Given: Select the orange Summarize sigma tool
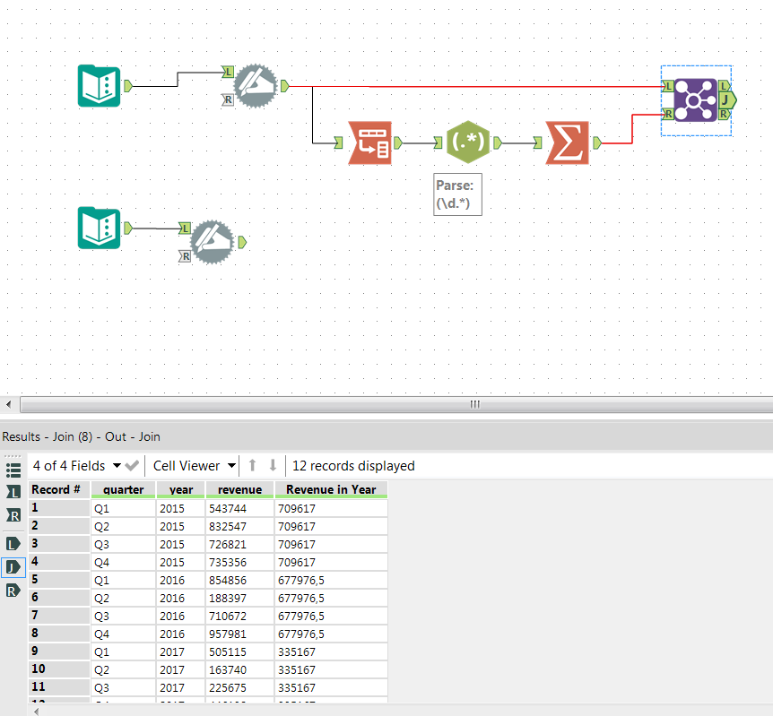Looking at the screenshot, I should point(568,142).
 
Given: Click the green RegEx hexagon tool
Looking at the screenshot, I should point(469,142).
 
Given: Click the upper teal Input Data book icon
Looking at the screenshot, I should point(100,86).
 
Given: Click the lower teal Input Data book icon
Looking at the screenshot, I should point(100,228).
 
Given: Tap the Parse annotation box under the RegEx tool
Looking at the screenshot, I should point(458,194).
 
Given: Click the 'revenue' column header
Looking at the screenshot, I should point(239,490).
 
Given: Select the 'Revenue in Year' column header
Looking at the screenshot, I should point(331,490).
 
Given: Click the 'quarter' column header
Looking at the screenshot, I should point(123,490).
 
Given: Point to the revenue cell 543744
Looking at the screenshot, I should point(229,508).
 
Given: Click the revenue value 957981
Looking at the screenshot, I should point(229,634).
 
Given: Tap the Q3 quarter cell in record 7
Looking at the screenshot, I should point(102,616).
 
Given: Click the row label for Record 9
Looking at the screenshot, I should point(58,651).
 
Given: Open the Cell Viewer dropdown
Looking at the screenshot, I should point(194,466).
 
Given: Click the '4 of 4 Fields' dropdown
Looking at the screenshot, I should point(76,466).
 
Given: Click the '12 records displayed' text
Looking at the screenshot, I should point(353,466).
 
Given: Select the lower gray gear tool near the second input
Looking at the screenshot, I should point(213,242).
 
